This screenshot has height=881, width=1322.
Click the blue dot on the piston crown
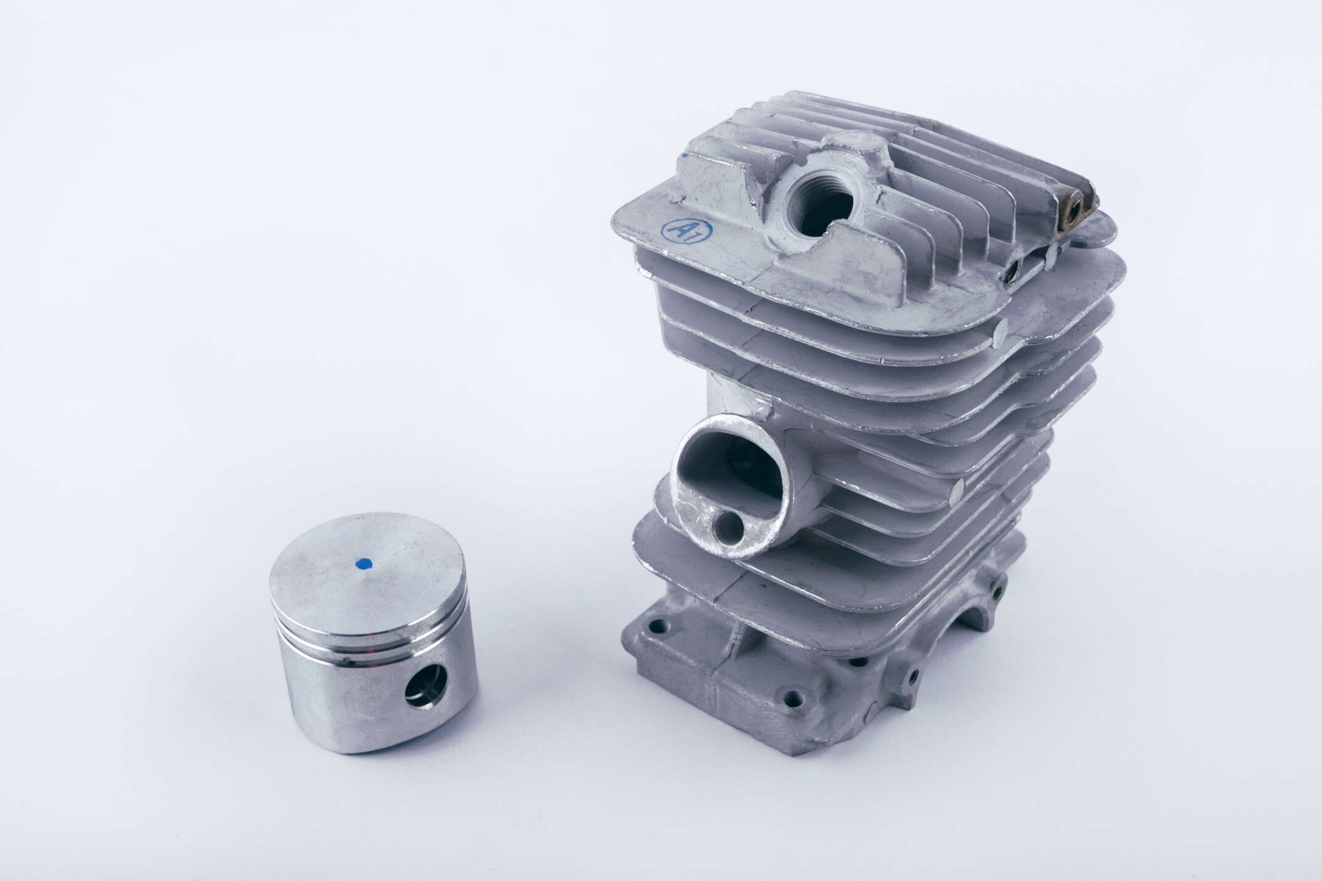tap(363, 562)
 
